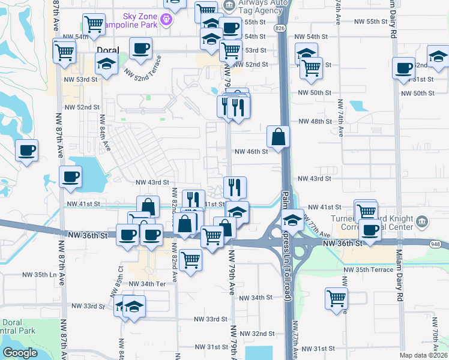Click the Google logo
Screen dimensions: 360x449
click(x=20, y=353)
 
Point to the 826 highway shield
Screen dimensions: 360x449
click(x=282, y=28)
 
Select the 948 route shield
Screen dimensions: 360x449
click(x=435, y=244)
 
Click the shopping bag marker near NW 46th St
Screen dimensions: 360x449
click(x=279, y=137)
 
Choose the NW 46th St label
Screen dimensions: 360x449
click(x=250, y=152)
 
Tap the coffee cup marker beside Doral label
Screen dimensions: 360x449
click(x=140, y=49)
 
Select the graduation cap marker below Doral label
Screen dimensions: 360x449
click(x=106, y=64)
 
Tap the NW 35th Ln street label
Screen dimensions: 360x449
click(x=40, y=274)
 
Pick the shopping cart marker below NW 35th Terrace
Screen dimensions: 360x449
click(x=336, y=298)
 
